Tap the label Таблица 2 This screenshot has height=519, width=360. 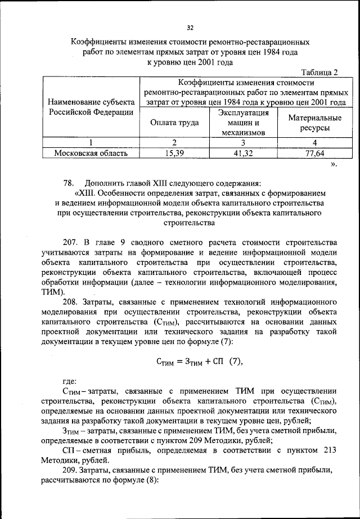point(319,73)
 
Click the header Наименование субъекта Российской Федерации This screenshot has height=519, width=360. point(91,107)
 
